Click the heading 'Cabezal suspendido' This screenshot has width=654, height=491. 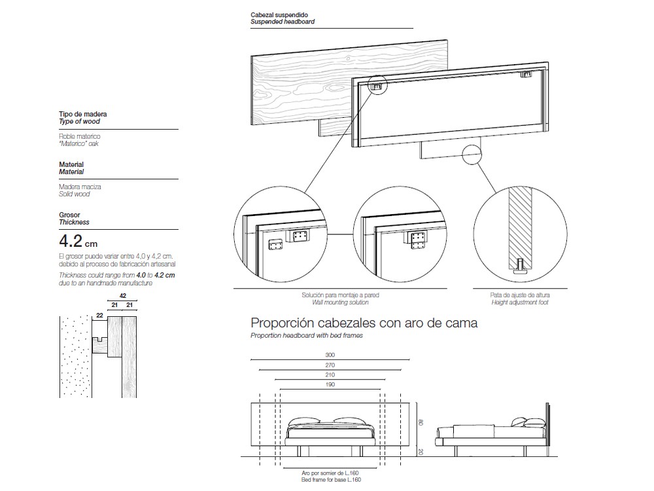(x=279, y=14)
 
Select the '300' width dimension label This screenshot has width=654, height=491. (x=330, y=354)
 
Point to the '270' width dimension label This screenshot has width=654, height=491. (x=330, y=365)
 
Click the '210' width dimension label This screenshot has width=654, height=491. (x=330, y=375)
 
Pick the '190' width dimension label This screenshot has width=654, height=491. (x=330, y=386)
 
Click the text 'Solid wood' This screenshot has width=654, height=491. (x=74, y=194)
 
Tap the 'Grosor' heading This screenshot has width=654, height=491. (x=69, y=215)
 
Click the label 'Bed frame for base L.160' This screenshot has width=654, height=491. (x=331, y=480)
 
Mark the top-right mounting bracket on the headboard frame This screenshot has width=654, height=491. (x=526, y=75)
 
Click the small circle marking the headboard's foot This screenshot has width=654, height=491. (x=473, y=155)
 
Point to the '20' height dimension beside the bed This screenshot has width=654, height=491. (x=422, y=451)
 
